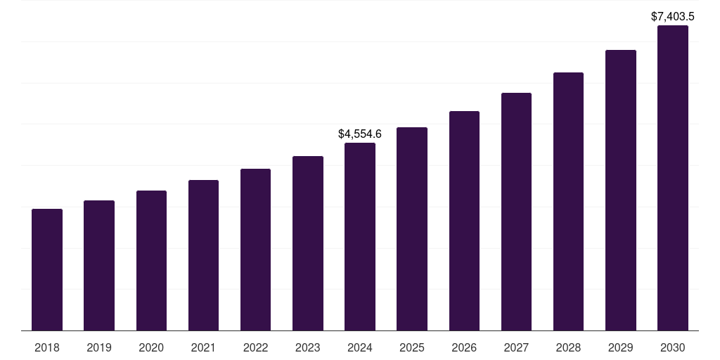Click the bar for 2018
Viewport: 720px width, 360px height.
click(47, 270)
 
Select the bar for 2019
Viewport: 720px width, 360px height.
click(99, 266)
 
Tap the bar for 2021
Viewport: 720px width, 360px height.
click(203, 255)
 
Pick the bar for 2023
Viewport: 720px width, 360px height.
click(308, 243)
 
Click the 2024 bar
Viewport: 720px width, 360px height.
click(360, 237)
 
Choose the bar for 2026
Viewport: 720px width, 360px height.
click(464, 221)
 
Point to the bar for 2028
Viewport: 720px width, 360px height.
click(568, 202)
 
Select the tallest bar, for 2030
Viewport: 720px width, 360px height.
click(673, 178)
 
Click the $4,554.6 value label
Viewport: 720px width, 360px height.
click(360, 134)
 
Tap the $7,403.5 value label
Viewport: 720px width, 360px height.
click(673, 16)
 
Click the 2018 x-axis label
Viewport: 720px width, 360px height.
click(47, 347)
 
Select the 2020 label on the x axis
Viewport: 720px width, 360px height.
click(151, 347)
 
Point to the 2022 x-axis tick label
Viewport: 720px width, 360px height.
click(255, 347)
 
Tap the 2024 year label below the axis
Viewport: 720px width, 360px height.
click(360, 347)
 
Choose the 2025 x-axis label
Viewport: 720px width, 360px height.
click(412, 347)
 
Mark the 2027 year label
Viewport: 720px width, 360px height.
click(516, 347)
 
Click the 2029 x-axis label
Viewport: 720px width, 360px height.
click(621, 347)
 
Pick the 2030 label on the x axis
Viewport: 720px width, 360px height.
click(673, 347)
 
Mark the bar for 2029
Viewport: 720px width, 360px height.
click(621, 191)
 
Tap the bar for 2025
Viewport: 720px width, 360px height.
click(412, 229)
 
